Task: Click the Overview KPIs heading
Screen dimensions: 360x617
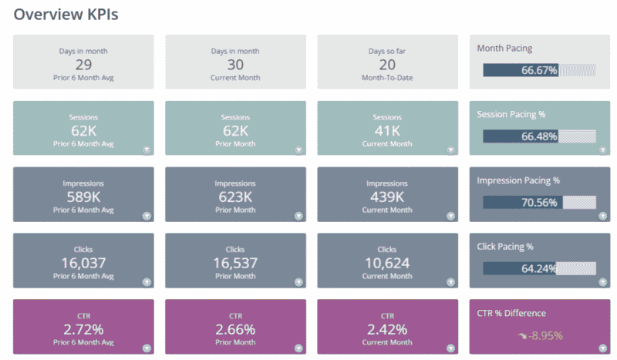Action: (x=66, y=15)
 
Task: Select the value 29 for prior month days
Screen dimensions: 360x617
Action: (x=83, y=65)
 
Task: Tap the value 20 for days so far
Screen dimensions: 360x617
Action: (x=387, y=65)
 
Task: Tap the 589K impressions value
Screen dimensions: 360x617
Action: (x=83, y=197)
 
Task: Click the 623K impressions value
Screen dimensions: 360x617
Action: (x=235, y=197)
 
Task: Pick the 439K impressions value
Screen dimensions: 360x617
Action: (x=387, y=197)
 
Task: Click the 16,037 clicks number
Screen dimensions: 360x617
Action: (x=83, y=264)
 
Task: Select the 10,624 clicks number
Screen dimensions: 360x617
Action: (x=387, y=264)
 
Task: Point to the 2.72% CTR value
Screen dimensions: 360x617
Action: (x=83, y=330)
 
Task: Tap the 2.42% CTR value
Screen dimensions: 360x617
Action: (x=387, y=330)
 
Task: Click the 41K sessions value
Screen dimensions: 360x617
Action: (x=387, y=131)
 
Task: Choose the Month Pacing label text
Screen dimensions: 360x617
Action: (x=504, y=48)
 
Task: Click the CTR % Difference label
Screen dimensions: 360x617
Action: (x=511, y=313)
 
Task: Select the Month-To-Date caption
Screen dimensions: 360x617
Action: (x=387, y=78)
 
